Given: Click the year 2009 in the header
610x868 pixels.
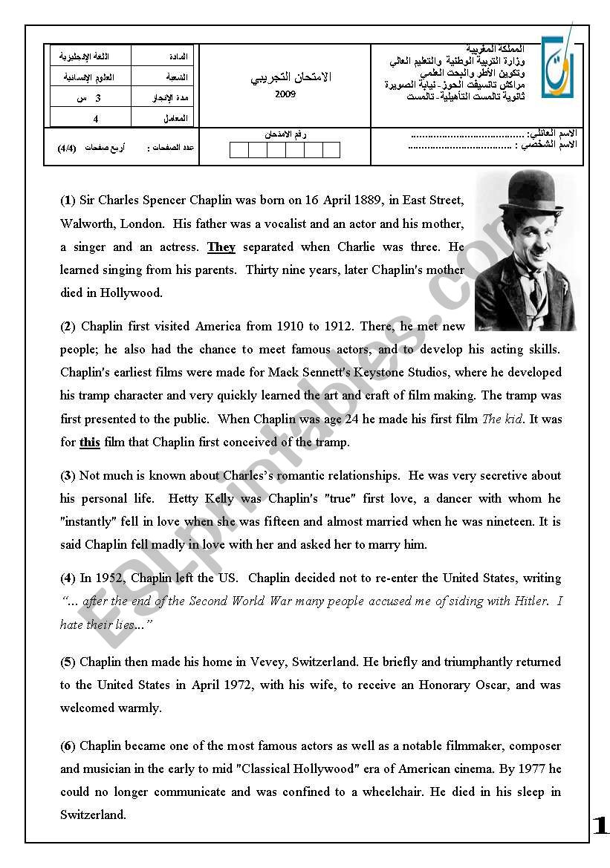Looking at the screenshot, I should point(285,94).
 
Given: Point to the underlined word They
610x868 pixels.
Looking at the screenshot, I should point(221,247).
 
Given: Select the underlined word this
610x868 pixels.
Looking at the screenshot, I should point(90,443).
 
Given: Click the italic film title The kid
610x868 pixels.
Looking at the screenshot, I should point(502,419).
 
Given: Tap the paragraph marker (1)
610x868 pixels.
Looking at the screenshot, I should point(68,200).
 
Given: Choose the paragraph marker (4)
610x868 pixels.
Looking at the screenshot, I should point(68,578).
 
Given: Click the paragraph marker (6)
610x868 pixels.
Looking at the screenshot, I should point(68,745).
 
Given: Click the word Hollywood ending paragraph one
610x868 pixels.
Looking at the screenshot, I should point(132,293).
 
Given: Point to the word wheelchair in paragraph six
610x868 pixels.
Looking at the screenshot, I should point(397,792).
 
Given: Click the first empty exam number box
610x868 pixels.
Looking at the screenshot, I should point(239,151).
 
